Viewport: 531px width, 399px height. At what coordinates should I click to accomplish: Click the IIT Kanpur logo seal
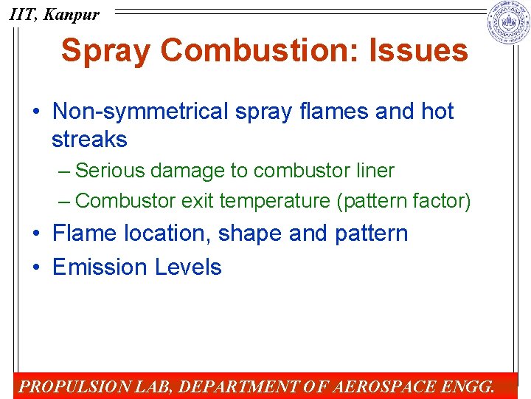coord(509,23)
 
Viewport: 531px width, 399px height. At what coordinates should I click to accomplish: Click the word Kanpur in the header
coord(71,14)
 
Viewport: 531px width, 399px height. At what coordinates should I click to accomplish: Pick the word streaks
coord(89,139)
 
